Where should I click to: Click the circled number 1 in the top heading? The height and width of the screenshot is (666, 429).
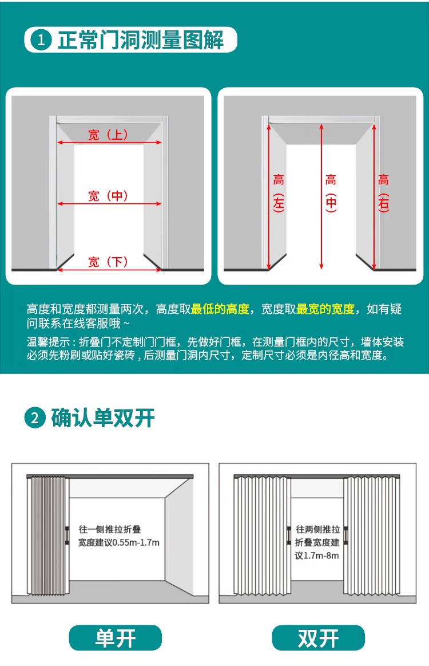point(41,40)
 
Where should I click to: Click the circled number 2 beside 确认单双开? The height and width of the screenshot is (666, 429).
point(35,418)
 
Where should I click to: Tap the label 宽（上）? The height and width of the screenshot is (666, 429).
point(108,135)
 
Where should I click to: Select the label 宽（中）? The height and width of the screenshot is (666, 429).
point(108,196)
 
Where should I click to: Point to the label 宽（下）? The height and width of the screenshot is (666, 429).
point(108,262)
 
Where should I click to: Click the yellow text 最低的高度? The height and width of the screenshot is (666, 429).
point(220,309)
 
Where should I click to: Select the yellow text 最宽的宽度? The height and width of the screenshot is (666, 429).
point(325,309)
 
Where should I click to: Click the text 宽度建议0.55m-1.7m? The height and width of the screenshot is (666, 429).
point(119,542)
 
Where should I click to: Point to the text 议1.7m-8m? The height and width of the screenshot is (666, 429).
point(317,555)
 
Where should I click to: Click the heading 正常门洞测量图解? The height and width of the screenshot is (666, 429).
point(141,40)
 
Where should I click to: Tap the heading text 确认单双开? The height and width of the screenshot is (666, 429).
point(103,418)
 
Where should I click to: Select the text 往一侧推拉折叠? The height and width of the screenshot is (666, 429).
point(110,529)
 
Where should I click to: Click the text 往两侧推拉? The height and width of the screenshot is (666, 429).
point(318,529)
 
